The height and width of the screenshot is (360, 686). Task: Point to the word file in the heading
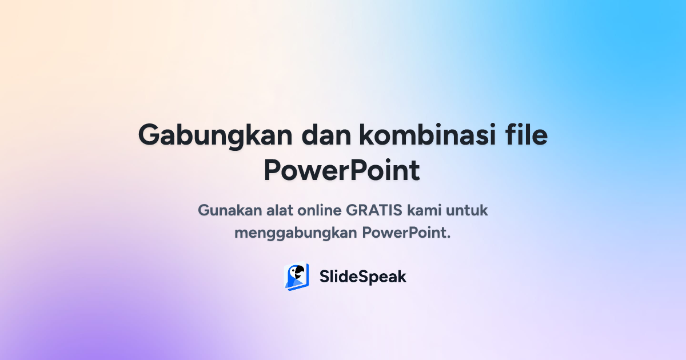tap(527, 136)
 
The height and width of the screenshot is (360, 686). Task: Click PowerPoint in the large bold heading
tap(342, 170)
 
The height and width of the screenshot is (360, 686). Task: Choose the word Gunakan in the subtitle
tap(229, 210)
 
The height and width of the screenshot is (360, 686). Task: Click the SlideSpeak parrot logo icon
tap(297, 277)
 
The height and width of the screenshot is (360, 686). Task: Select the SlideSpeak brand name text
tap(363, 277)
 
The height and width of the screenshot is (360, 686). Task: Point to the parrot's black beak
tap(298, 274)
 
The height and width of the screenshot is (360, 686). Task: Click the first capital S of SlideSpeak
tap(325, 277)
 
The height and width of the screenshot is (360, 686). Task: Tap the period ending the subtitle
tap(449, 237)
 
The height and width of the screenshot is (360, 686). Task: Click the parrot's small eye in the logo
tap(294, 270)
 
